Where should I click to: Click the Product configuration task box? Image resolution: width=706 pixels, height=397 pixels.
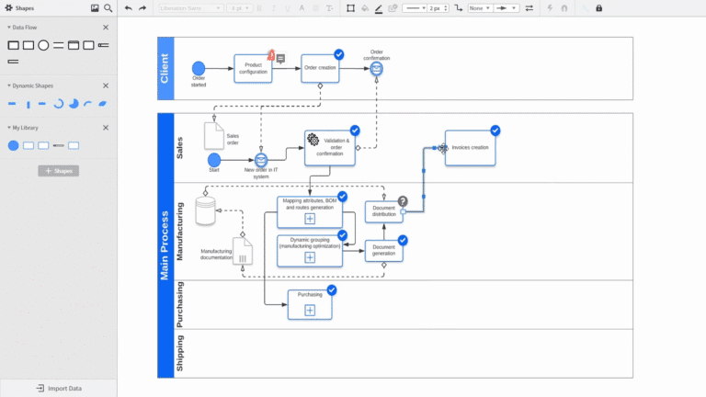253,69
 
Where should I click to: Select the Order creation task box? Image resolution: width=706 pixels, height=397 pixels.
321,68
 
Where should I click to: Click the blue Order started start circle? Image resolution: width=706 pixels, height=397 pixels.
199,68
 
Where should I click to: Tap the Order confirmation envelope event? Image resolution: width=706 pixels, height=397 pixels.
376,68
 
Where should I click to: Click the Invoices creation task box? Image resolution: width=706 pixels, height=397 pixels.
470,148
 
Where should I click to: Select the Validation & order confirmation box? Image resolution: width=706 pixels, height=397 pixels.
329,148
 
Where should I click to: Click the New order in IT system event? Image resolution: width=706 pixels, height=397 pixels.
261,160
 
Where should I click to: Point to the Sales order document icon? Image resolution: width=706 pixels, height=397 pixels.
213,135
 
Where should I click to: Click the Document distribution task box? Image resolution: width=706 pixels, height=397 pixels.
383,211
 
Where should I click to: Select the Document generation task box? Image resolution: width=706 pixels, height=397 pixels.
383,250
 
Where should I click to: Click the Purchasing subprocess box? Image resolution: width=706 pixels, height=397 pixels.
310,304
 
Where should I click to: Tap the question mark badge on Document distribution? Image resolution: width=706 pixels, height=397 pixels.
402,201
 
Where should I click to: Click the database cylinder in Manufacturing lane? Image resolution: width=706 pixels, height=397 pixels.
206,210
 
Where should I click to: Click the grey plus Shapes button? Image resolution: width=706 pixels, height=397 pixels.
59,171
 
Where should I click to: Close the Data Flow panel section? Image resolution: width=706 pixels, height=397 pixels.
106,28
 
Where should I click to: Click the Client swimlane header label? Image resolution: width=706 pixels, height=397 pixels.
165,68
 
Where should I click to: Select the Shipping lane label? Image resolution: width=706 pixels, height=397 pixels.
180,353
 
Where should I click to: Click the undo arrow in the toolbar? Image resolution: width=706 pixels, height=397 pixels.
129,8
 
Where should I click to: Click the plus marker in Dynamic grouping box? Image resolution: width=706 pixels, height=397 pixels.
310,257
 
